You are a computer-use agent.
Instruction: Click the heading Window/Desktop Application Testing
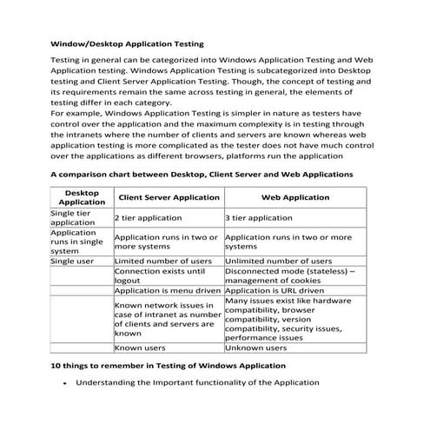(x=127, y=42)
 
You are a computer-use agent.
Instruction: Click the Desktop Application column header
(x=81, y=197)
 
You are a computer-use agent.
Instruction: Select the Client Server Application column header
(x=168, y=198)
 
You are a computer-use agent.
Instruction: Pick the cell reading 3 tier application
(x=258, y=218)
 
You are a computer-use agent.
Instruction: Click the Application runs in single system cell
(x=78, y=241)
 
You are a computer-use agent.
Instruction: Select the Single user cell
(x=74, y=261)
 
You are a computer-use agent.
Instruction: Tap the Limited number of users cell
(x=163, y=261)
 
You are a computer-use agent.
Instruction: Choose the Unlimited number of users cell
(x=278, y=261)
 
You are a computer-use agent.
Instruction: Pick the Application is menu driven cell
(x=168, y=291)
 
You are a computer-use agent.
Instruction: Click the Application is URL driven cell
(x=275, y=291)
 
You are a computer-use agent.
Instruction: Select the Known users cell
(x=140, y=347)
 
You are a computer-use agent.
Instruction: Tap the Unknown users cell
(x=255, y=347)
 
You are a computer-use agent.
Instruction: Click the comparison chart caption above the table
(x=201, y=175)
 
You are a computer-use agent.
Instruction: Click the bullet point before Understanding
(x=66, y=383)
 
